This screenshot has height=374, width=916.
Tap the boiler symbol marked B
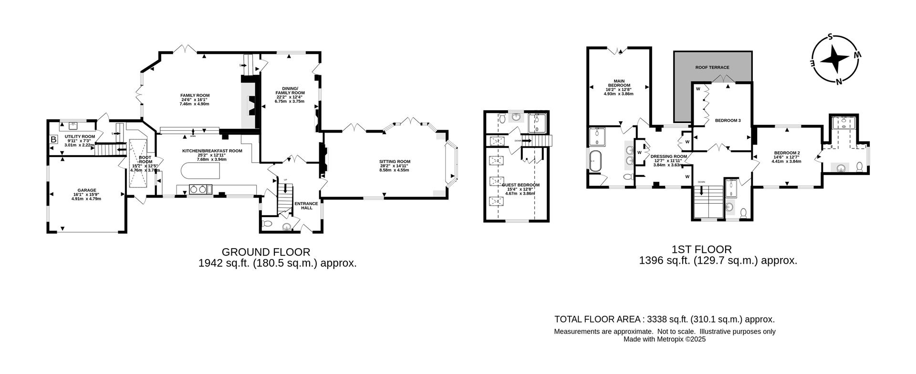[54, 140]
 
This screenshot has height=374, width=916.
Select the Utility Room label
[80, 136]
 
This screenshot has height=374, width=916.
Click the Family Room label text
[195, 95]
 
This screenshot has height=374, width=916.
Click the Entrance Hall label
[303, 206]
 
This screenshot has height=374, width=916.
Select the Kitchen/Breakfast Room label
[212, 151]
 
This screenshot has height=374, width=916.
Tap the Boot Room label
[145, 159]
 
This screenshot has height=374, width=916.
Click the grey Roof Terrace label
[712, 67]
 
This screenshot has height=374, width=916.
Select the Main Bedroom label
[619, 83]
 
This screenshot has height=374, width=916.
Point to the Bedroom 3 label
[728, 121]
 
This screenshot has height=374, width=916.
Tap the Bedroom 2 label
[786, 153]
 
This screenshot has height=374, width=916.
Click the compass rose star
[835, 59]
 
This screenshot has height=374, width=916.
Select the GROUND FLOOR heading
[266, 252]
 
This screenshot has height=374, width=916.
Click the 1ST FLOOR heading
[701, 249]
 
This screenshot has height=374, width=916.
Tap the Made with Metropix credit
[664, 340]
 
